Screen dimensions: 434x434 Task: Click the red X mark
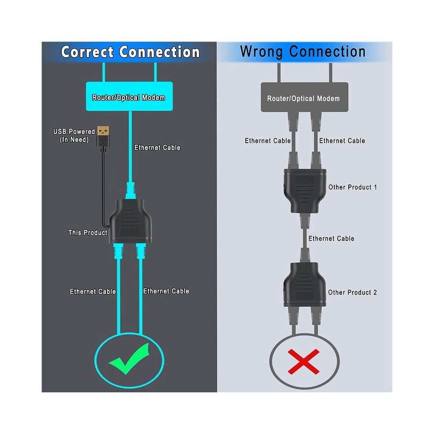pos(304,362)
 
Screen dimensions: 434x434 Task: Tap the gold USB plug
pos(103,131)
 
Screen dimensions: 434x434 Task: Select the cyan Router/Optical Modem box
pos(129,96)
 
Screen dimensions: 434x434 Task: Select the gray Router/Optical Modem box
pos(305,97)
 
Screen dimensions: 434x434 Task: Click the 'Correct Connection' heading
pos(130,52)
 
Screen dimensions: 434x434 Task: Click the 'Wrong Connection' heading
pos(303,52)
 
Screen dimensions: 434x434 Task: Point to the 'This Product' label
pos(88,232)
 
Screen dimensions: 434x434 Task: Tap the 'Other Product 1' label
pos(352,187)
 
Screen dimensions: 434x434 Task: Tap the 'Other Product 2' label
pos(352,292)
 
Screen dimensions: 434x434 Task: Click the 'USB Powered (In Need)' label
pos(74,135)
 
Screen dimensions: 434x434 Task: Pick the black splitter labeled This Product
pos(130,221)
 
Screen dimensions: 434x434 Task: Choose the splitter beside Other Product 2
pos(305,285)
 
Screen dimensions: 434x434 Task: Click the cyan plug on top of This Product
pos(131,191)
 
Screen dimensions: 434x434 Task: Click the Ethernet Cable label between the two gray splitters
pos(331,238)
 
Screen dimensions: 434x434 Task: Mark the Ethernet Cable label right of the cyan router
pos(157,148)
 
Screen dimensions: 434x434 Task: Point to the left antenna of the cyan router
pos(104,72)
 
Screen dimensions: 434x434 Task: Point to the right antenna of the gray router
pos(331,72)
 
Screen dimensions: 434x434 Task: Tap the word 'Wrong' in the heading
pos(261,52)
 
